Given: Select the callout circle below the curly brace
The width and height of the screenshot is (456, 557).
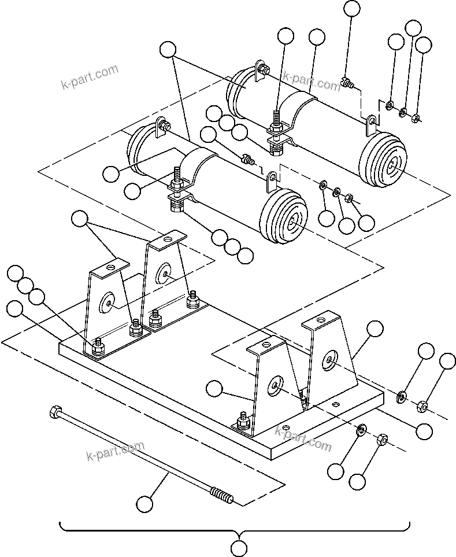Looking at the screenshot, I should tap(238, 547).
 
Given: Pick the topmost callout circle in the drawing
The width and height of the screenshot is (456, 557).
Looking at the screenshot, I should tap(351, 8).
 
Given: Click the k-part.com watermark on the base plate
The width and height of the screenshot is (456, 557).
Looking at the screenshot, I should tap(303, 438).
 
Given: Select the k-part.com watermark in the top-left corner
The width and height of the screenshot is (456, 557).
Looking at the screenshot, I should tap(90, 78).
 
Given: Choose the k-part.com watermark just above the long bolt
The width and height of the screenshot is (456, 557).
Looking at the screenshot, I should tap(115, 452).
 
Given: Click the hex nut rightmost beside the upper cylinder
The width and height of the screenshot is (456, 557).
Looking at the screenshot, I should tap(415, 119).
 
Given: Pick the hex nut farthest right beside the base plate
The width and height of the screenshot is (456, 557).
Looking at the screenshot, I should tap(422, 407).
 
